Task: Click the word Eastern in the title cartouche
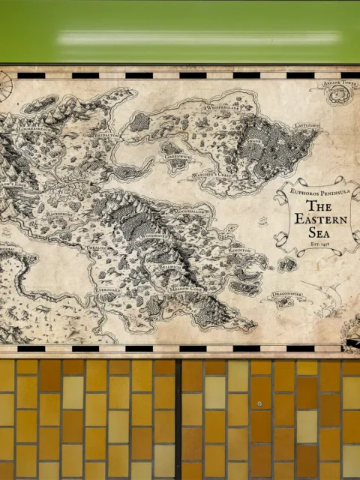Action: (319, 219)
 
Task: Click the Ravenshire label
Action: (59, 213)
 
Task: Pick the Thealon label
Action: (97, 247)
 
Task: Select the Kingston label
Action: (240, 249)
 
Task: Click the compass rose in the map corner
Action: (4, 84)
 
